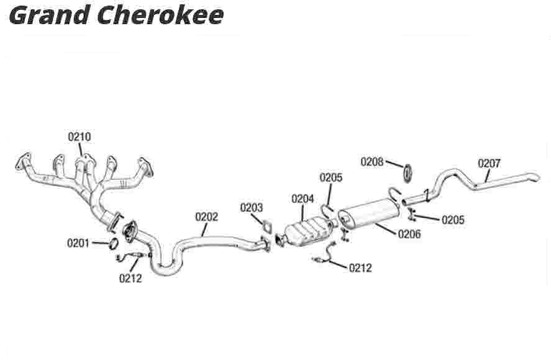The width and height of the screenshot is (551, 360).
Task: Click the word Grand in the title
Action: [46, 15]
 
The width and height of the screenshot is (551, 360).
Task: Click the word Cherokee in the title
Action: [160, 15]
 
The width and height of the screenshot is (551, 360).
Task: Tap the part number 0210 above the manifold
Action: [80, 137]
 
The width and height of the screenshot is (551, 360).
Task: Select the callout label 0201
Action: [79, 243]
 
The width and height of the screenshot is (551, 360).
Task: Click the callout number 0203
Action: [252, 208]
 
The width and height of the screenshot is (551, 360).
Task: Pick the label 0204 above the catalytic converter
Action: [303, 199]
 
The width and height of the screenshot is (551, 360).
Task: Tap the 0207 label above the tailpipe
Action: [489, 163]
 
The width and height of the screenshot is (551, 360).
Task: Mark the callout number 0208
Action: [372, 162]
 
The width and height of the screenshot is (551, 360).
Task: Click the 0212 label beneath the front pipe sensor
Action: [130, 278]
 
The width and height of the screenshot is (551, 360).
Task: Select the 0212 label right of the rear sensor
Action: [361, 268]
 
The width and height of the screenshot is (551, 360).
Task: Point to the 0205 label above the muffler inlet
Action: [331, 178]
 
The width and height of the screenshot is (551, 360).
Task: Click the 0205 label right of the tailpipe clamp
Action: [453, 220]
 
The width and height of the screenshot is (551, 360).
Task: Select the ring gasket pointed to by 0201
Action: [113, 243]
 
